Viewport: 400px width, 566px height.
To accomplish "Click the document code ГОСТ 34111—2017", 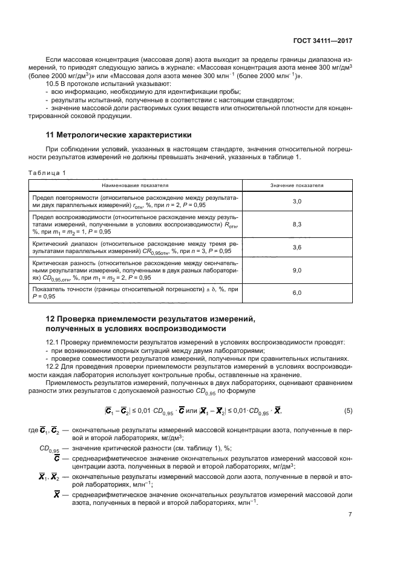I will tap(323, 41).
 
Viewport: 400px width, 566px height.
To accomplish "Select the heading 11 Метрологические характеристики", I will tap(119, 134).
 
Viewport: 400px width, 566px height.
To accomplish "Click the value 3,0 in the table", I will tap(297, 200).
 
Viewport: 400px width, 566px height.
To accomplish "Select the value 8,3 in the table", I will tap(297, 224).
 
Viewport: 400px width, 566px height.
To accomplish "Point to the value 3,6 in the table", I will tap(297, 248).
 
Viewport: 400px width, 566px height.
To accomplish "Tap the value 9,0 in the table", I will tap(297, 271).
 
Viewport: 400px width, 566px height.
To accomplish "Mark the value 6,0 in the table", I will tap(297, 293).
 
